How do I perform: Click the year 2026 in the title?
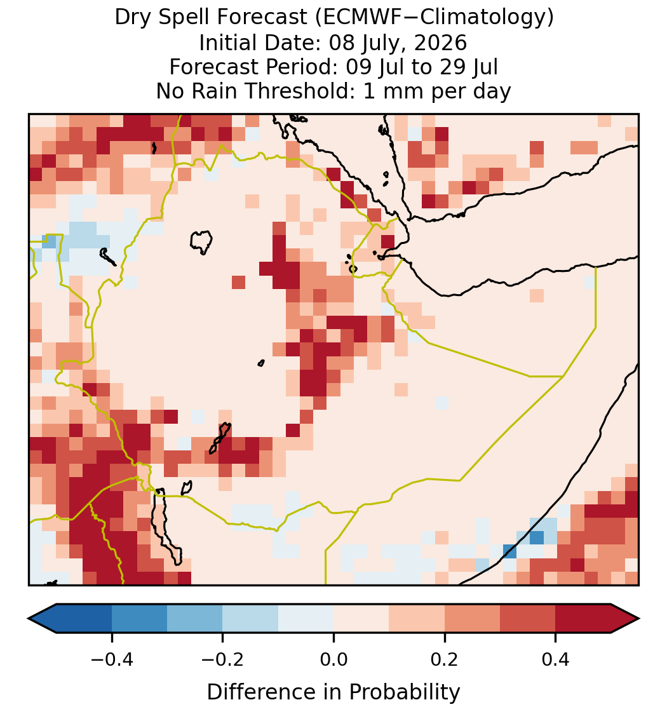point(440,43)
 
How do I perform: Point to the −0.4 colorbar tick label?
point(111,659)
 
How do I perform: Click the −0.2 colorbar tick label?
point(222,659)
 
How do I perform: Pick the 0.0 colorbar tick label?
point(333,659)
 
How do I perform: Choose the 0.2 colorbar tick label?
point(445,659)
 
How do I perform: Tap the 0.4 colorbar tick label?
point(556,659)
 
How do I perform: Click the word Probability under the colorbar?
point(404,692)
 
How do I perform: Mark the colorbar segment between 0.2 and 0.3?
point(472,618)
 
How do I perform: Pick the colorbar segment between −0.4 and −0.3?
point(139,618)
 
